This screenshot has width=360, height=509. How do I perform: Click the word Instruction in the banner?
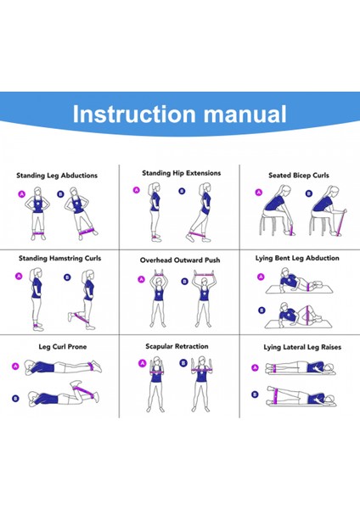(134, 114)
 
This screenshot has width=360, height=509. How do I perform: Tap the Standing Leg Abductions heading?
(57, 176)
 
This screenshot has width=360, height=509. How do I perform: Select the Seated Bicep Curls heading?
(299, 176)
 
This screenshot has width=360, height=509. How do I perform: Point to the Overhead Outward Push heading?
(180, 260)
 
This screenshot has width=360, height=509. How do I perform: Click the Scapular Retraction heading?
(177, 346)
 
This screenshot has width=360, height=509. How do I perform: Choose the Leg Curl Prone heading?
(63, 347)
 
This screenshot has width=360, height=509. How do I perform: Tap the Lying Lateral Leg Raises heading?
(302, 347)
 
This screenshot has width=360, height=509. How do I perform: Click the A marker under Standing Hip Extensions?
(137, 190)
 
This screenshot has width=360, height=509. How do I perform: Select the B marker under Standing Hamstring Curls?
(67, 277)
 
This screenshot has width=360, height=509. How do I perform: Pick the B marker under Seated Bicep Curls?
(309, 193)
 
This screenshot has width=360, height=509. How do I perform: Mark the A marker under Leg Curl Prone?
(15, 366)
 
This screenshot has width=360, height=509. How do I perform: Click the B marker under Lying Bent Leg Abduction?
(262, 310)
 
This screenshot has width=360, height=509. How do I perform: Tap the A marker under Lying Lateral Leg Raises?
(256, 368)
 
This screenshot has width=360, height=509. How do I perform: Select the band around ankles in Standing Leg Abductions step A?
(38, 233)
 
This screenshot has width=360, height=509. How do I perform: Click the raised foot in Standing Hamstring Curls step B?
(70, 316)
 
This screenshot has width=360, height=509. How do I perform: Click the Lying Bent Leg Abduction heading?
(297, 259)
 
